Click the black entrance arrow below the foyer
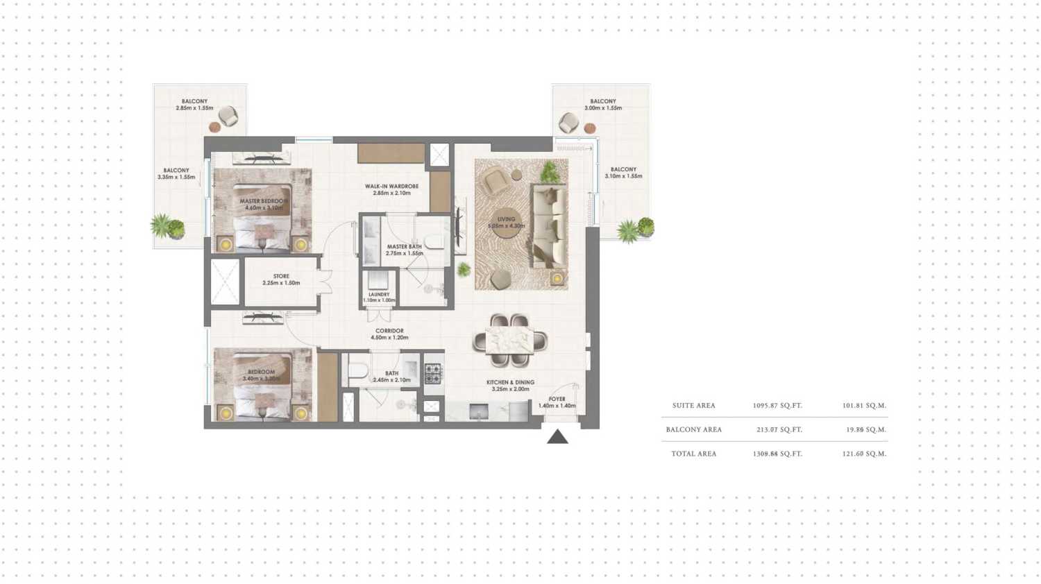tap(557, 437)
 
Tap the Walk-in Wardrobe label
tap(391, 189)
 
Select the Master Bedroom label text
tap(263, 204)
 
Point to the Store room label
tap(281, 280)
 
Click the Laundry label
tap(379, 297)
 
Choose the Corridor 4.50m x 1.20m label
tap(389, 334)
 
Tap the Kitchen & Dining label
tap(510, 386)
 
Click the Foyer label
tap(557, 402)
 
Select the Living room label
tap(506, 222)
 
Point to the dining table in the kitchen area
tap(510, 341)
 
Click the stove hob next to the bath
tap(433, 374)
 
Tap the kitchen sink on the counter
tap(479, 412)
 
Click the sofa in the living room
tap(548, 225)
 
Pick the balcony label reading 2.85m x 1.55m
tap(194, 105)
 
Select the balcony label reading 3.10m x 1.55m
tap(623, 173)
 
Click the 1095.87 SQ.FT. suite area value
tap(777, 406)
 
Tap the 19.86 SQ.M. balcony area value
tap(865, 430)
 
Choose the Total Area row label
tap(693, 454)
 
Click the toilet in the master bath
tap(434, 241)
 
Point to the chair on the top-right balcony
tap(569, 123)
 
